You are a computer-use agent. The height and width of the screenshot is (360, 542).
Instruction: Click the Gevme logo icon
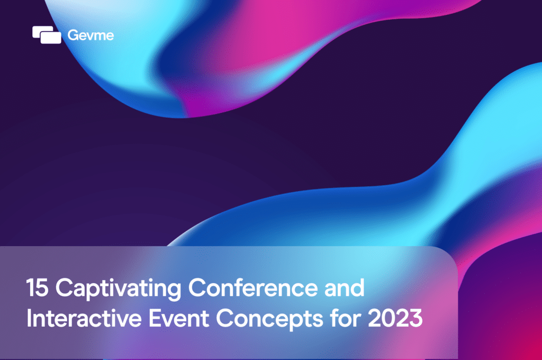47,35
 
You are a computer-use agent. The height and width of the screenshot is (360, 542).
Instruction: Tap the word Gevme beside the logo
91,35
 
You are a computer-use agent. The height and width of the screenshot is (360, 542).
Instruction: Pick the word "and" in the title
345,289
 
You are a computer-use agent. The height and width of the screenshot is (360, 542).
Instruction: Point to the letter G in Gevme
73,35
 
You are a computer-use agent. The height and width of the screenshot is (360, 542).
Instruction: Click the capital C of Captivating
63,289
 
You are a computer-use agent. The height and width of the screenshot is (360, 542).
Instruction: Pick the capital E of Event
149,320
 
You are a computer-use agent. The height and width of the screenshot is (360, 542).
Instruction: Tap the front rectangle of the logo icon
51,38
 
